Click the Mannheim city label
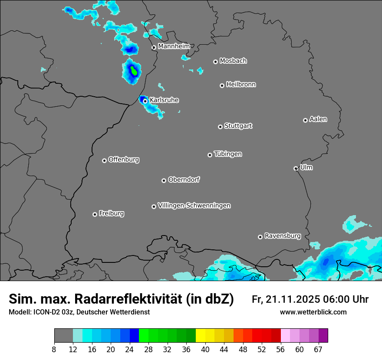174,46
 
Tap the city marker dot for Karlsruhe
145,101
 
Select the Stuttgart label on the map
238,126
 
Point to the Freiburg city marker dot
95,214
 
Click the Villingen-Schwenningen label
194,206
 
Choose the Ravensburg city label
282,236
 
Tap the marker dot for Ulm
296,168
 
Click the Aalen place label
318,119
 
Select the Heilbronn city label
241,85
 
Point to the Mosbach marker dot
215,62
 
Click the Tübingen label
228,154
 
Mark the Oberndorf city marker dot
164,180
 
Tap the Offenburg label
124,160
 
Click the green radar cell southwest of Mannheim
134,71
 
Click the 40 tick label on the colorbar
205,350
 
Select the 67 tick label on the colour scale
319,350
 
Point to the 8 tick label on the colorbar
54,350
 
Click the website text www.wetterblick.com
313,312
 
